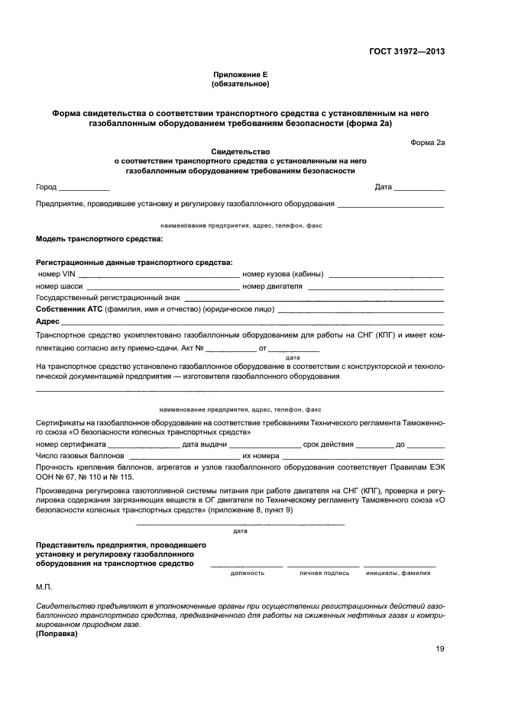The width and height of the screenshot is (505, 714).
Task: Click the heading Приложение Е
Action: pyautogui.click(x=241, y=75)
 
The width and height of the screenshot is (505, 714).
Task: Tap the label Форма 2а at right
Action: pyautogui.click(x=427, y=142)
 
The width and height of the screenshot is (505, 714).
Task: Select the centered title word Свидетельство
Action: pyautogui.click(x=241, y=152)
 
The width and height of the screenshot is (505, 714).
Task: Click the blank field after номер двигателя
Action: pyautogui.click(x=375, y=288)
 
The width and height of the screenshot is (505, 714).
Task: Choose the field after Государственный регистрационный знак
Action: pyautogui.click(x=313, y=299)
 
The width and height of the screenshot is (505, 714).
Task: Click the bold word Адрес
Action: pyautogui.click(x=48, y=322)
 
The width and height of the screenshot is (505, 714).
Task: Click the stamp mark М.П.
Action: pyautogui.click(x=43, y=587)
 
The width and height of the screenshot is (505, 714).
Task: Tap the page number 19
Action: pyautogui.click(x=439, y=649)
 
